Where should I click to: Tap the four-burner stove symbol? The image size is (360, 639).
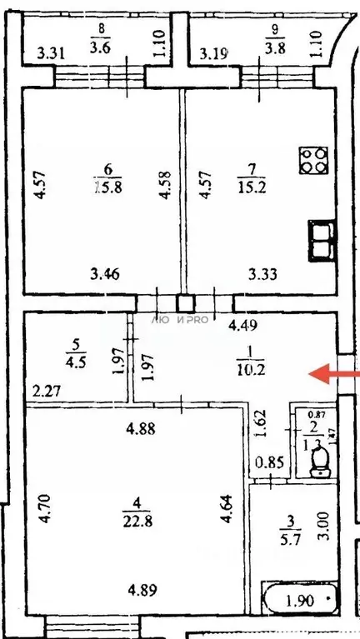coord(314,160)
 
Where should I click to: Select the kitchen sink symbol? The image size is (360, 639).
coord(321,242)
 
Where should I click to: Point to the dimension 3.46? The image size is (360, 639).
coord(104,272)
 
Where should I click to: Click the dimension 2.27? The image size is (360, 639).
coord(47,389)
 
